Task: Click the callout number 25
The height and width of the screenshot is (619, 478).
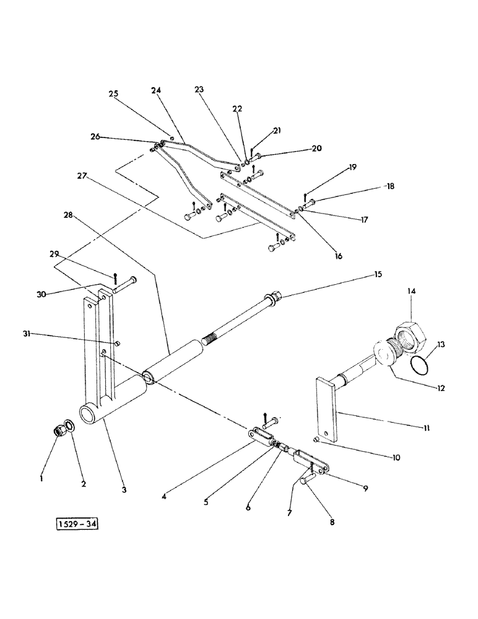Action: (x=113, y=93)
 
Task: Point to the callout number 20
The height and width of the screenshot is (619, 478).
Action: (x=316, y=148)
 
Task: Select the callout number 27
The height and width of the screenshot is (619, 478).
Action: (x=82, y=176)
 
